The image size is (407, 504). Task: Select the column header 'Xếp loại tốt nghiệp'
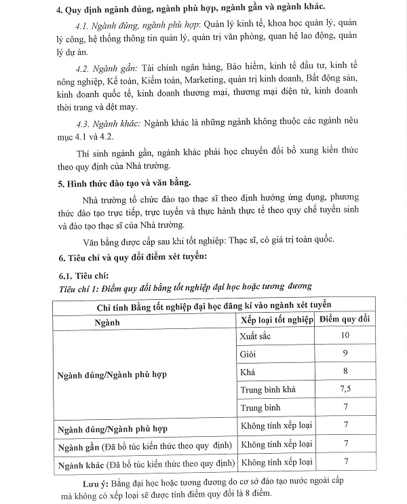[x=277, y=320]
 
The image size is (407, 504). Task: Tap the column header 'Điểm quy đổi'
[x=345, y=320]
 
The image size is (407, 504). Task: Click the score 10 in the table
[x=345, y=336]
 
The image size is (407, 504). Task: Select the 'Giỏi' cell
[x=249, y=353]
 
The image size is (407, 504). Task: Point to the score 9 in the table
[x=345, y=353]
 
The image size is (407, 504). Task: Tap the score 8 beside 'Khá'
[x=345, y=372]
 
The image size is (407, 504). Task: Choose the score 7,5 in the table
[x=345, y=389]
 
